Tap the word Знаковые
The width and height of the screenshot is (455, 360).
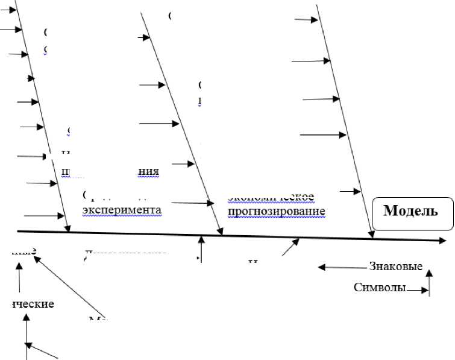pyautogui.click(x=395, y=267)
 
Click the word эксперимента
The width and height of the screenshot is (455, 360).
pyautogui.click(x=122, y=210)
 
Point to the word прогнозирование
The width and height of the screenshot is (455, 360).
pyautogui.click(x=277, y=211)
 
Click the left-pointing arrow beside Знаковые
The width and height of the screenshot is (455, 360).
pyautogui.click(x=341, y=267)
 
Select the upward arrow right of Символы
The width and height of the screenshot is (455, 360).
pyautogui.click(x=429, y=282)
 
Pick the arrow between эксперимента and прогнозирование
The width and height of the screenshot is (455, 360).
pyautogui.click(x=192, y=203)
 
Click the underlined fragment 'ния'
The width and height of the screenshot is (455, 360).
pyautogui.click(x=149, y=171)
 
